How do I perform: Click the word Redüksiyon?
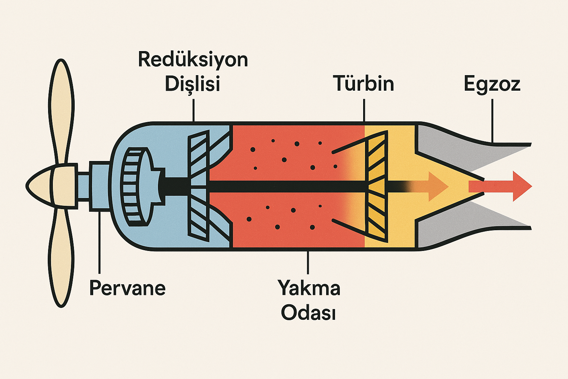point(193,60)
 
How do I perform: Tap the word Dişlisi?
point(192,84)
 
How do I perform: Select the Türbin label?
point(364,84)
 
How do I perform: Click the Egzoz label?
point(492,84)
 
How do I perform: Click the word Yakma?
point(309,288)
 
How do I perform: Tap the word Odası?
point(308,313)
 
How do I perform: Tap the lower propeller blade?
point(61,259)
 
